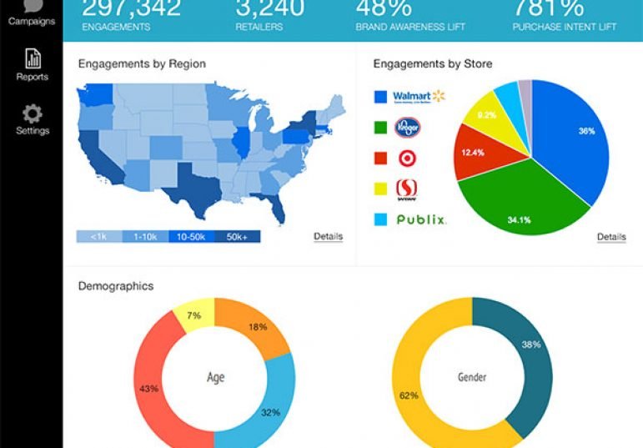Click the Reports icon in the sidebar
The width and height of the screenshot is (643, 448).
pos(32,59)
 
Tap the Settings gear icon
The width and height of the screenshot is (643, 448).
pos(32,113)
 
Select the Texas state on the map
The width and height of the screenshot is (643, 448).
pos(193,186)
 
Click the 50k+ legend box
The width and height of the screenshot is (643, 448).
pos(237,237)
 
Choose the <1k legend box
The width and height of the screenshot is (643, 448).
pos(98,237)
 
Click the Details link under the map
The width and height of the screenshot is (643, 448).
pos(328,236)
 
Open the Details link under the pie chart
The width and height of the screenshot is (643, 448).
pos(611,237)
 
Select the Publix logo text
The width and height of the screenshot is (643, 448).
pos(421,220)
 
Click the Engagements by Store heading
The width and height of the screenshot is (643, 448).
pos(432,63)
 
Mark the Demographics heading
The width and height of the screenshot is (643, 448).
pos(115,286)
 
